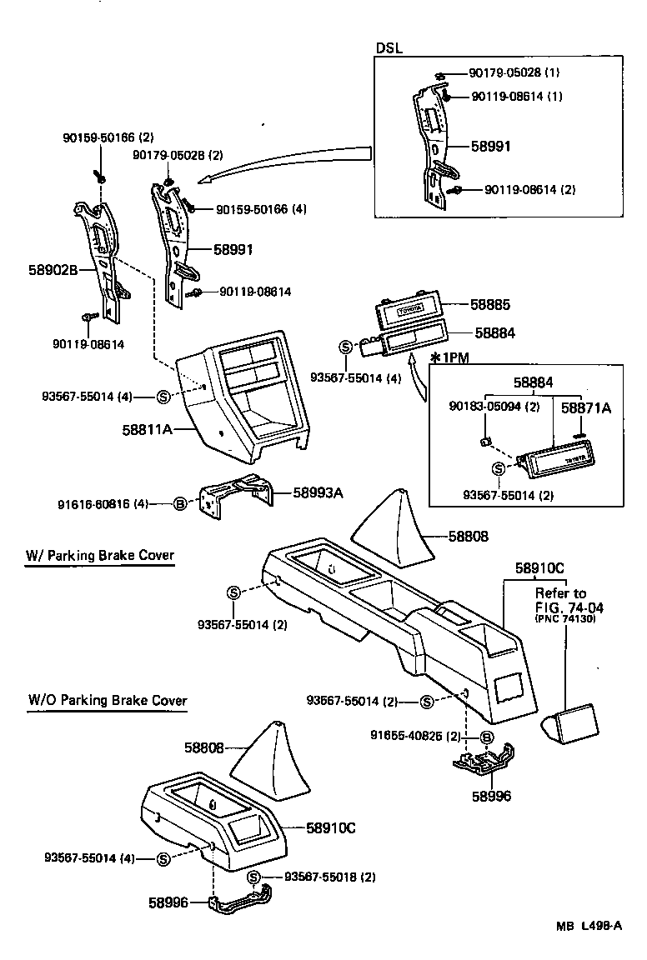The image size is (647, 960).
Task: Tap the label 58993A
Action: click(318, 492)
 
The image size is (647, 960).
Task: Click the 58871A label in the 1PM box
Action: click(585, 407)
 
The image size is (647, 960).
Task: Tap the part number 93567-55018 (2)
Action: click(330, 877)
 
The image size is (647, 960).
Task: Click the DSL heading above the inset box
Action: click(389, 48)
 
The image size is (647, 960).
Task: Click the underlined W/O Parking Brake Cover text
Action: click(107, 700)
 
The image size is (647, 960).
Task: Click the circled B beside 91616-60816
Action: click(178, 503)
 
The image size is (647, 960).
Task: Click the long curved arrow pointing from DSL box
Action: click(283, 162)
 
